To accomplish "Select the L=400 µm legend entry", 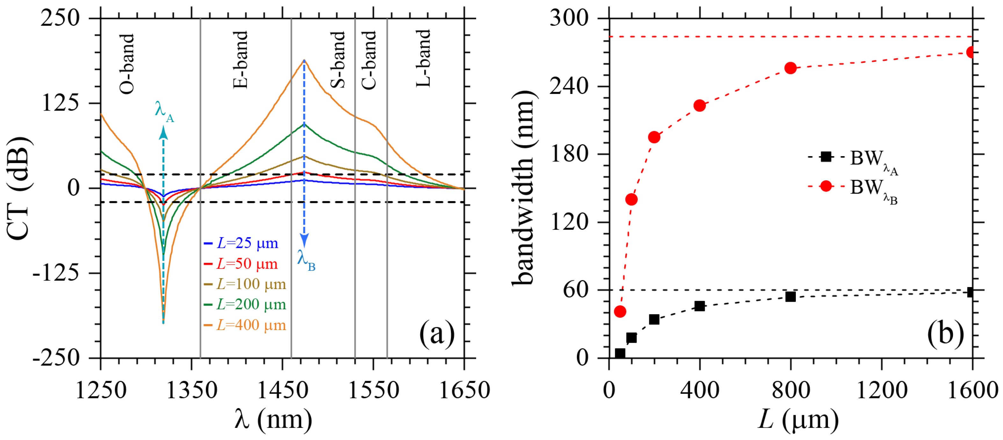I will (x=246, y=325).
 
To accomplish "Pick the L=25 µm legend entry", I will (x=241, y=243).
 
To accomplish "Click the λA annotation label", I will (x=164, y=111).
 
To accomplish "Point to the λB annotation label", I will (x=306, y=259).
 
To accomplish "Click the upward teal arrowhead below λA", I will (x=164, y=133).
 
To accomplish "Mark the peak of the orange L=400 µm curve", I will (x=304, y=60).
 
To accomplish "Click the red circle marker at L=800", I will (x=790, y=68).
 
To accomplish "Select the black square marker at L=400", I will (x=700, y=306).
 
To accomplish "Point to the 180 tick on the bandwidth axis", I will (x=569, y=154).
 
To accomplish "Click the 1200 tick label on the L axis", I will (x=882, y=390).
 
